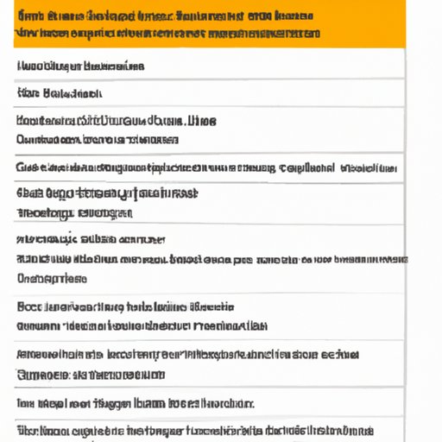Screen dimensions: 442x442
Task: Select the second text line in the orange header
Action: [x=167, y=35]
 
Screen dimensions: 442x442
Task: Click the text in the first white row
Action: [x=80, y=66]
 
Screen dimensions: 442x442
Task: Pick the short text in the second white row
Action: [x=59, y=92]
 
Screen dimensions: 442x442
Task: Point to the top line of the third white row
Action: [x=116, y=121]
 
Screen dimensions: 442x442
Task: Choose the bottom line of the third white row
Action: [x=97, y=138]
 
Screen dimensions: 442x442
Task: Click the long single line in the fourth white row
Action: [x=207, y=167]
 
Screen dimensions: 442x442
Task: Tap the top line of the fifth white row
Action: [x=107, y=193]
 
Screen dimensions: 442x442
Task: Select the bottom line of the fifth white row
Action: [x=74, y=212]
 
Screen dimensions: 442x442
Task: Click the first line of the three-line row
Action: [x=91, y=239]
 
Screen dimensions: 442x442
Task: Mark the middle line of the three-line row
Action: [x=212, y=258]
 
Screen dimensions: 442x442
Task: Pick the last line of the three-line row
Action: [x=52, y=278]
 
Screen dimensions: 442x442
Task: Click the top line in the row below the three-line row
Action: [x=125, y=306]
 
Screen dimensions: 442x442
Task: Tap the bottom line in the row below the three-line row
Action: [x=142, y=326]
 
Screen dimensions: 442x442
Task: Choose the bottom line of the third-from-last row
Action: [x=91, y=375]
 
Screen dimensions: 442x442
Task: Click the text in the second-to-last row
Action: [x=135, y=402]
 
